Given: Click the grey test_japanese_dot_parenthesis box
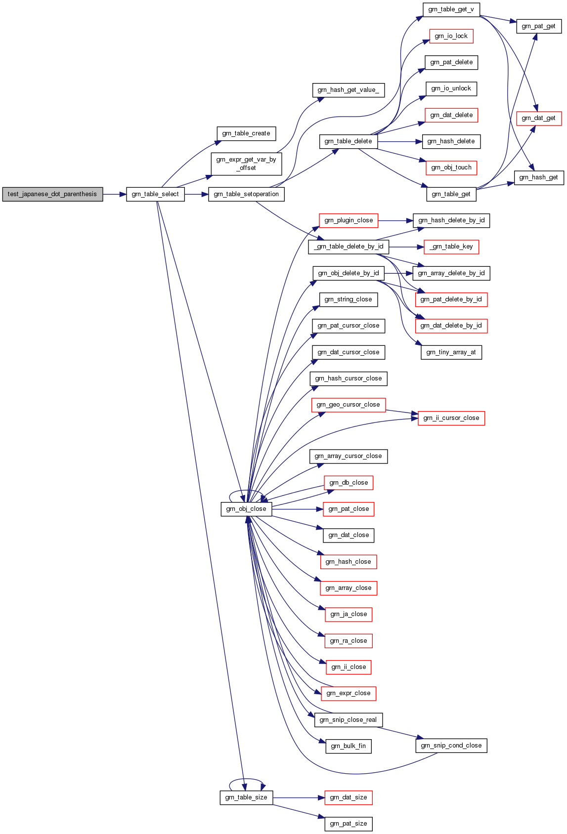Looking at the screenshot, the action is click(52, 194).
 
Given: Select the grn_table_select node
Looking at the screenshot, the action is click(155, 194).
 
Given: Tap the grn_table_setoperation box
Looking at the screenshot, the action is click(246, 194).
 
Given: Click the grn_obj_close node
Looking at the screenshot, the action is click(246, 509).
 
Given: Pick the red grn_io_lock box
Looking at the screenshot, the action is click(451, 36).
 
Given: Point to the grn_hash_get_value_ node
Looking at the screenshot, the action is click(349, 90).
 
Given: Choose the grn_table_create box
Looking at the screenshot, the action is click(246, 134).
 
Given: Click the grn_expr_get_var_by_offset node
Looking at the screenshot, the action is click(246, 164).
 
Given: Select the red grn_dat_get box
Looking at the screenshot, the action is click(539, 119).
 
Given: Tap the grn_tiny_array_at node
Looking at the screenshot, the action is click(451, 352).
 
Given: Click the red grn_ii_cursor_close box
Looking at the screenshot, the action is click(451, 418).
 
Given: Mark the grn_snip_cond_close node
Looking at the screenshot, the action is click(451, 746).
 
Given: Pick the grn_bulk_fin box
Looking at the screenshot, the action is click(349, 746).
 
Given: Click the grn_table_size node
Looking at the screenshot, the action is click(246, 797).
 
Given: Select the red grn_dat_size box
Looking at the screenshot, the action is click(349, 797).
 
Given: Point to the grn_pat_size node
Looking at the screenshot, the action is click(349, 824).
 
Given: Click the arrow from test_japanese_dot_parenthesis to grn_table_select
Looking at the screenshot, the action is click(115, 194).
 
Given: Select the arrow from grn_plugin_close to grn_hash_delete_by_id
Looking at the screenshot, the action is click(395, 221).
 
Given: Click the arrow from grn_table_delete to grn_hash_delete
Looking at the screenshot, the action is click(400, 141).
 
